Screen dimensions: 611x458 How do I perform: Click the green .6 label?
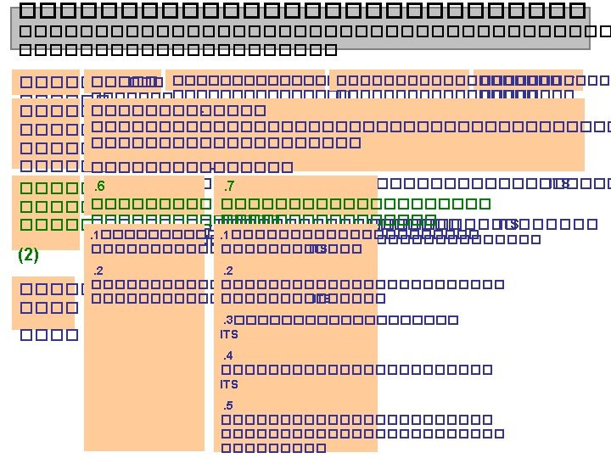99,187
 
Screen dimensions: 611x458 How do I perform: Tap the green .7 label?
227,187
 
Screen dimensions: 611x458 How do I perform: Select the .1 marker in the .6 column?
96,235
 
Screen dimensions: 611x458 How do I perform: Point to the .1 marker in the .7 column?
225,235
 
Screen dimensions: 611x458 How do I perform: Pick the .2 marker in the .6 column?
98,271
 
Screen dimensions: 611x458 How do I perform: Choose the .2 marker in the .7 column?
227,271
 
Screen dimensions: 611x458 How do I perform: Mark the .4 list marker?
227,355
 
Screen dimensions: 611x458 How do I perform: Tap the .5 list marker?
227,404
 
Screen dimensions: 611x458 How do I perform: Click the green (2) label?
28,254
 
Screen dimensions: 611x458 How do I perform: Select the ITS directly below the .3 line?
229,335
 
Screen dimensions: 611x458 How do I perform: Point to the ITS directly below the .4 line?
229,384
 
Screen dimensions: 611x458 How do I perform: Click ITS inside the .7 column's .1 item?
317,249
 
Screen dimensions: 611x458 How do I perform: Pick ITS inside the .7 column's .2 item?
322,299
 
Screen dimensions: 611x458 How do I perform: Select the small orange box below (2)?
42,302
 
